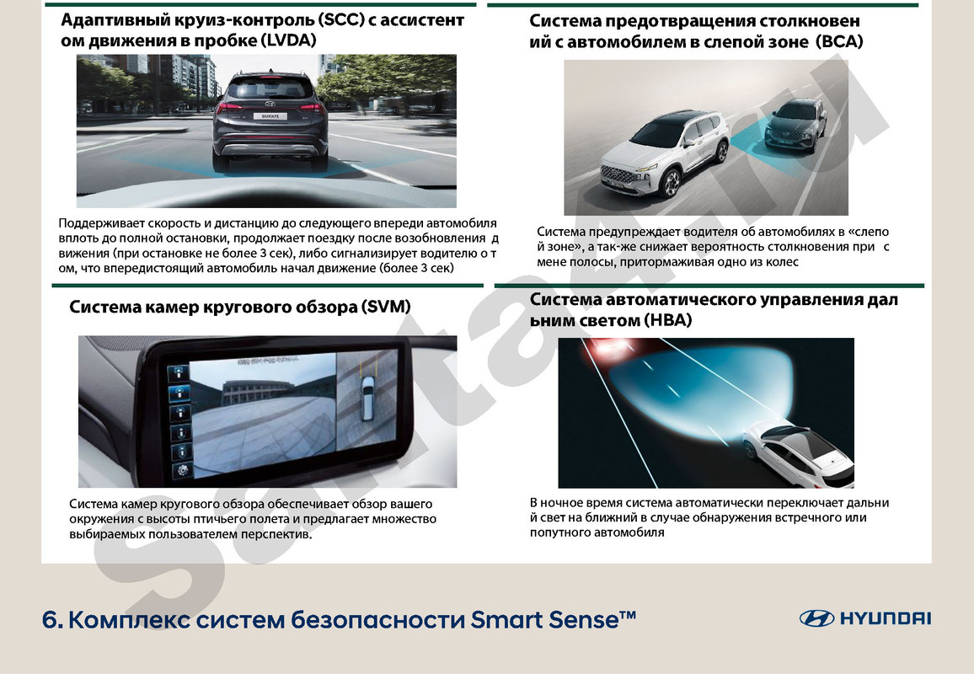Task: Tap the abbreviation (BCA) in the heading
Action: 839,41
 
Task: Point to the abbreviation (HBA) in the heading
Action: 667,320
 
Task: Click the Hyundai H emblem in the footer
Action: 816,618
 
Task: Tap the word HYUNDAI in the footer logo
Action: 885,618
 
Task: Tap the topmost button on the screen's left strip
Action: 177,372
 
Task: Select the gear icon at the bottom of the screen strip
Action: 178,472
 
